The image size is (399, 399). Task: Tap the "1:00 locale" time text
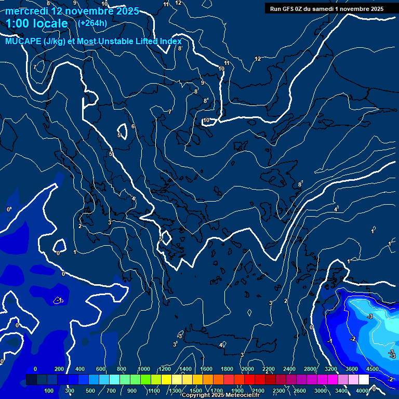click(x=37, y=23)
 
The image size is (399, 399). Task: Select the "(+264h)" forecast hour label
click(x=92, y=23)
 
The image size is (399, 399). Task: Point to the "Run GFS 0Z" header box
click(x=327, y=9)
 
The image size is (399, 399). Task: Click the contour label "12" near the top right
click(x=258, y=59)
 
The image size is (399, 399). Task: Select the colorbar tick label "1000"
click(x=144, y=369)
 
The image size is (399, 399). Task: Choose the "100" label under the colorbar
click(x=49, y=391)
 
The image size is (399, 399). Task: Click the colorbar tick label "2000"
click(x=248, y=369)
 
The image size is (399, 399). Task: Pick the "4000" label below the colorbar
click(x=362, y=391)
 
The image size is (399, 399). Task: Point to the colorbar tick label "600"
click(x=101, y=369)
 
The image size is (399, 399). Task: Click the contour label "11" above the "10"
click(x=227, y=63)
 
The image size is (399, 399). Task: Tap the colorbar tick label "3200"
click(x=331, y=369)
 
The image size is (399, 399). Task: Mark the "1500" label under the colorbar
click(x=196, y=391)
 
